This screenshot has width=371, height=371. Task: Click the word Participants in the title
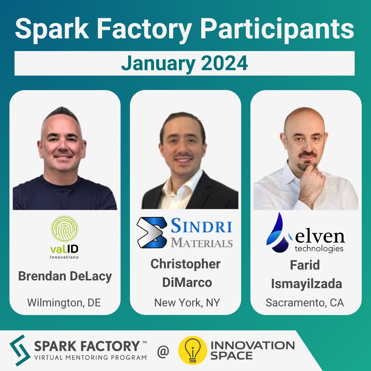click(278, 30)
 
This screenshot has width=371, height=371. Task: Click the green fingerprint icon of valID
click(65, 228)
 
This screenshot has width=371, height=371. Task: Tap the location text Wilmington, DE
click(64, 303)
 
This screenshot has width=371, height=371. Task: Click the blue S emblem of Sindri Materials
click(152, 232)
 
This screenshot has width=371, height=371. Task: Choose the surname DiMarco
click(187, 283)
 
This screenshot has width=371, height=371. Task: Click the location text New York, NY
click(187, 303)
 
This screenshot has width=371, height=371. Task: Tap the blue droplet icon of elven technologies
click(279, 232)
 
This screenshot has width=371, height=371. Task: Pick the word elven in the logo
click(320, 237)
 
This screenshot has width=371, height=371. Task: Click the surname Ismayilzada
click(306, 284)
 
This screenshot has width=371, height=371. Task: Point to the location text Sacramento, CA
click(305, 303)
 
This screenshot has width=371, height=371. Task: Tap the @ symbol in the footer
click(163, 351)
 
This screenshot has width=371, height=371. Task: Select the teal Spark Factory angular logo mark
click(20, 350)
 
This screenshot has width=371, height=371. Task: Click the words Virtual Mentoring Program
click(91, 357)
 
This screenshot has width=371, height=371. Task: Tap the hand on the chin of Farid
click(311, 185)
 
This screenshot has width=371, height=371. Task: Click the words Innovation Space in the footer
click(253, 350)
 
